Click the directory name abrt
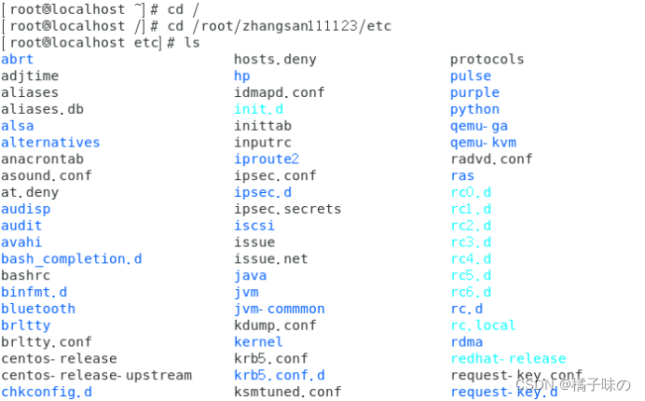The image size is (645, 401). point(17,59)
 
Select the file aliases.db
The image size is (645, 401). point(42,109)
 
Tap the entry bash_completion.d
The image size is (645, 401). point(72,258)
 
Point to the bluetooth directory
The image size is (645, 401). point(38,309)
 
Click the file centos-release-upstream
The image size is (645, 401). point(96,375)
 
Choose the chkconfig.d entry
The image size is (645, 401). point(47,392)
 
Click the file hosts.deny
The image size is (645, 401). point(275,59)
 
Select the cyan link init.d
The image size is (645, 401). point(259,109)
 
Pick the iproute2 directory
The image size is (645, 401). point(267,159)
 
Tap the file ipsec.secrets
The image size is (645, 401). point(287,209)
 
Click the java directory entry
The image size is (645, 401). point(250,275)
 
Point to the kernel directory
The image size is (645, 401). point(258,342)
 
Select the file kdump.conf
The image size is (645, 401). point(275,325)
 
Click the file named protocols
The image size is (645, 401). point(487,59)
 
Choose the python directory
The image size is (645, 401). point(474,109)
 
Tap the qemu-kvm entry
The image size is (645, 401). point(483,143)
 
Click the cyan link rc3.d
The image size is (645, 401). point(471,242)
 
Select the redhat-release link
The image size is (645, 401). point(508,358)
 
